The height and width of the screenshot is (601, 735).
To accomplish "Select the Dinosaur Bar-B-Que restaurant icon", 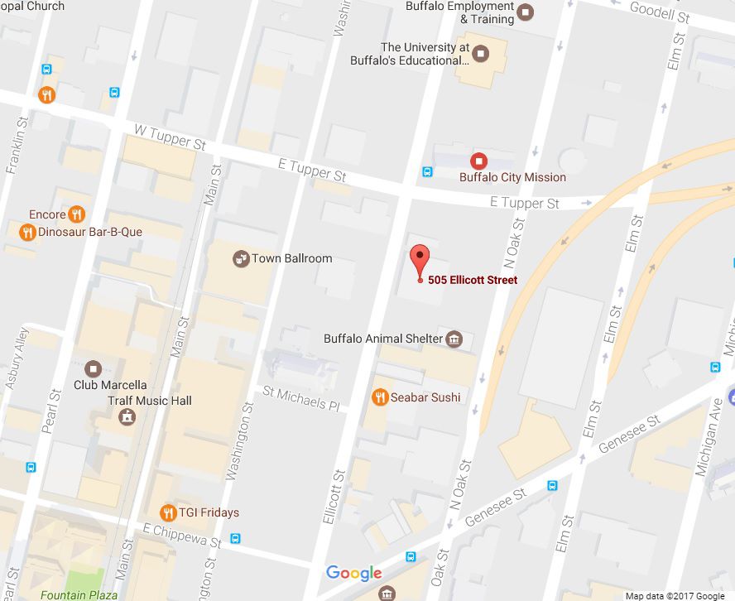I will click(26, 232).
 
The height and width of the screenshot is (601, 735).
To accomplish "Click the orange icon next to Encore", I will click(77, 214).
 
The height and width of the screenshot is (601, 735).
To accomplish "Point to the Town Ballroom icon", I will click(241, 258).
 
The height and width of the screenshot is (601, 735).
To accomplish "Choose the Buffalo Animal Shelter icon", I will click(454, 339).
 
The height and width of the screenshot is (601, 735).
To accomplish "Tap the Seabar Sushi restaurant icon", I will click(380, 397).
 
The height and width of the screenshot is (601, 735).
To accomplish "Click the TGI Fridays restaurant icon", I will click(169, 512).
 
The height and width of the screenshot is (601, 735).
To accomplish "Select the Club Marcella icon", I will click(93, 368).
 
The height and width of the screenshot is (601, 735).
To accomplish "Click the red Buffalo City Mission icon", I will click(478, 161).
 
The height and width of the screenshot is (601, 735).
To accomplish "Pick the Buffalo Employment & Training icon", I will click(525, 12).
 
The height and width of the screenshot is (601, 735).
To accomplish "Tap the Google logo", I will click(353, 573).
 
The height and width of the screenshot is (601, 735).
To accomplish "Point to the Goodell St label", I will click(659, 12).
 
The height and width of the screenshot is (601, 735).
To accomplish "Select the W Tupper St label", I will click(170, 137).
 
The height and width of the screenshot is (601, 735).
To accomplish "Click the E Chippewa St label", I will click(182, 534).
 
